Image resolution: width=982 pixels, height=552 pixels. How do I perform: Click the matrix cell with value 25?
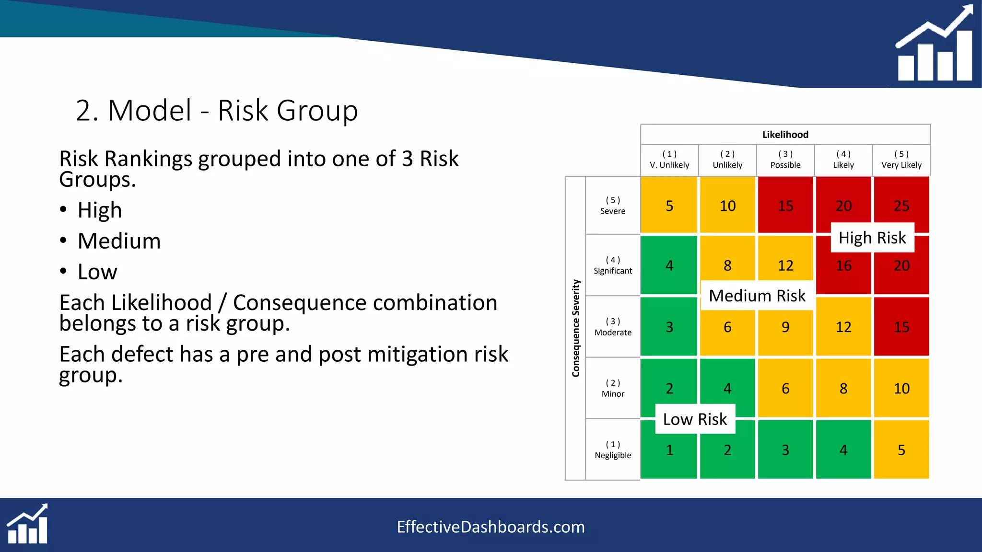(x=901, y=205)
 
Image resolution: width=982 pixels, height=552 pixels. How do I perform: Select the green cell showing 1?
(x=669, y=449)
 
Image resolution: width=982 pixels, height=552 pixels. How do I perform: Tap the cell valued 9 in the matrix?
(x=785, y=327)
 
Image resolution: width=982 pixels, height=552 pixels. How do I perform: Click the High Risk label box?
(x=872, y=238)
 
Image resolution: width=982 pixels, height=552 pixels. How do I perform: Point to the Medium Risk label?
(x=757, y=296)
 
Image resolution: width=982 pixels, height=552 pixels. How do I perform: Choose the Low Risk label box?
(x=695, y=419)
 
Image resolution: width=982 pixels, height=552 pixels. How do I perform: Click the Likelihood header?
(x=785, y=135)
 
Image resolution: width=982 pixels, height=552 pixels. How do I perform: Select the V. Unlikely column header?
(x=669, y=160)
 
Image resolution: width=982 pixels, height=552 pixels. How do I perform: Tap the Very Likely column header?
(x=901, y=160)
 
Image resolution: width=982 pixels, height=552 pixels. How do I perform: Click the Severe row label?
(x=613, y=206)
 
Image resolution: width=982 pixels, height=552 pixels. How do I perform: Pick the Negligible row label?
(x=613, y=450)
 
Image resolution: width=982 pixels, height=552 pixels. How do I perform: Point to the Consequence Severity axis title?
(x=576, y=328)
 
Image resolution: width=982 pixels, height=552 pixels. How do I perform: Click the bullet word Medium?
(x=119, y=241)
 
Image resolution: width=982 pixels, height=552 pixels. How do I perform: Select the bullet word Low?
(x=97, y=272)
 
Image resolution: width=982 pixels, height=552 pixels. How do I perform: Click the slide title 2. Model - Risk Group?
(x=217, y=111)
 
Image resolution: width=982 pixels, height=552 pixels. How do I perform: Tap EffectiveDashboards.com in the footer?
(x=491, y=527)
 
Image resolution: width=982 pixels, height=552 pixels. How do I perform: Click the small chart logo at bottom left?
(x=27, y=524)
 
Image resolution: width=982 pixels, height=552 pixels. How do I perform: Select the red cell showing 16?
(x=843, y=266)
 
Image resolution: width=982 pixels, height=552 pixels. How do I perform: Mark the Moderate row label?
(x=613, y=327)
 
